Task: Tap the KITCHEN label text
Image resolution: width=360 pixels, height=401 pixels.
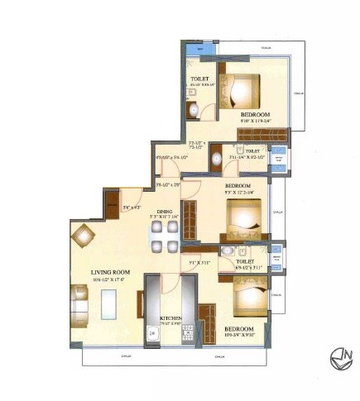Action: tap(172, 317)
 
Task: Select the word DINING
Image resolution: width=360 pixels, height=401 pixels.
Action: tap(164, 211)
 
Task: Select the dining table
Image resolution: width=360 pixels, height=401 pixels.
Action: tap(164, 235)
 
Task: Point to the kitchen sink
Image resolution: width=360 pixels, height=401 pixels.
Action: tap(153, 335)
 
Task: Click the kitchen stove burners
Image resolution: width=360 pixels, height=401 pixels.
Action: tap(187, 331)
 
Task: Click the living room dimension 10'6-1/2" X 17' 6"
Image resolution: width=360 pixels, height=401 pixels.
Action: tap(115, 279)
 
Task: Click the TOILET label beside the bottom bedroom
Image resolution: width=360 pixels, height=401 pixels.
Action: tap(246, 260)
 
